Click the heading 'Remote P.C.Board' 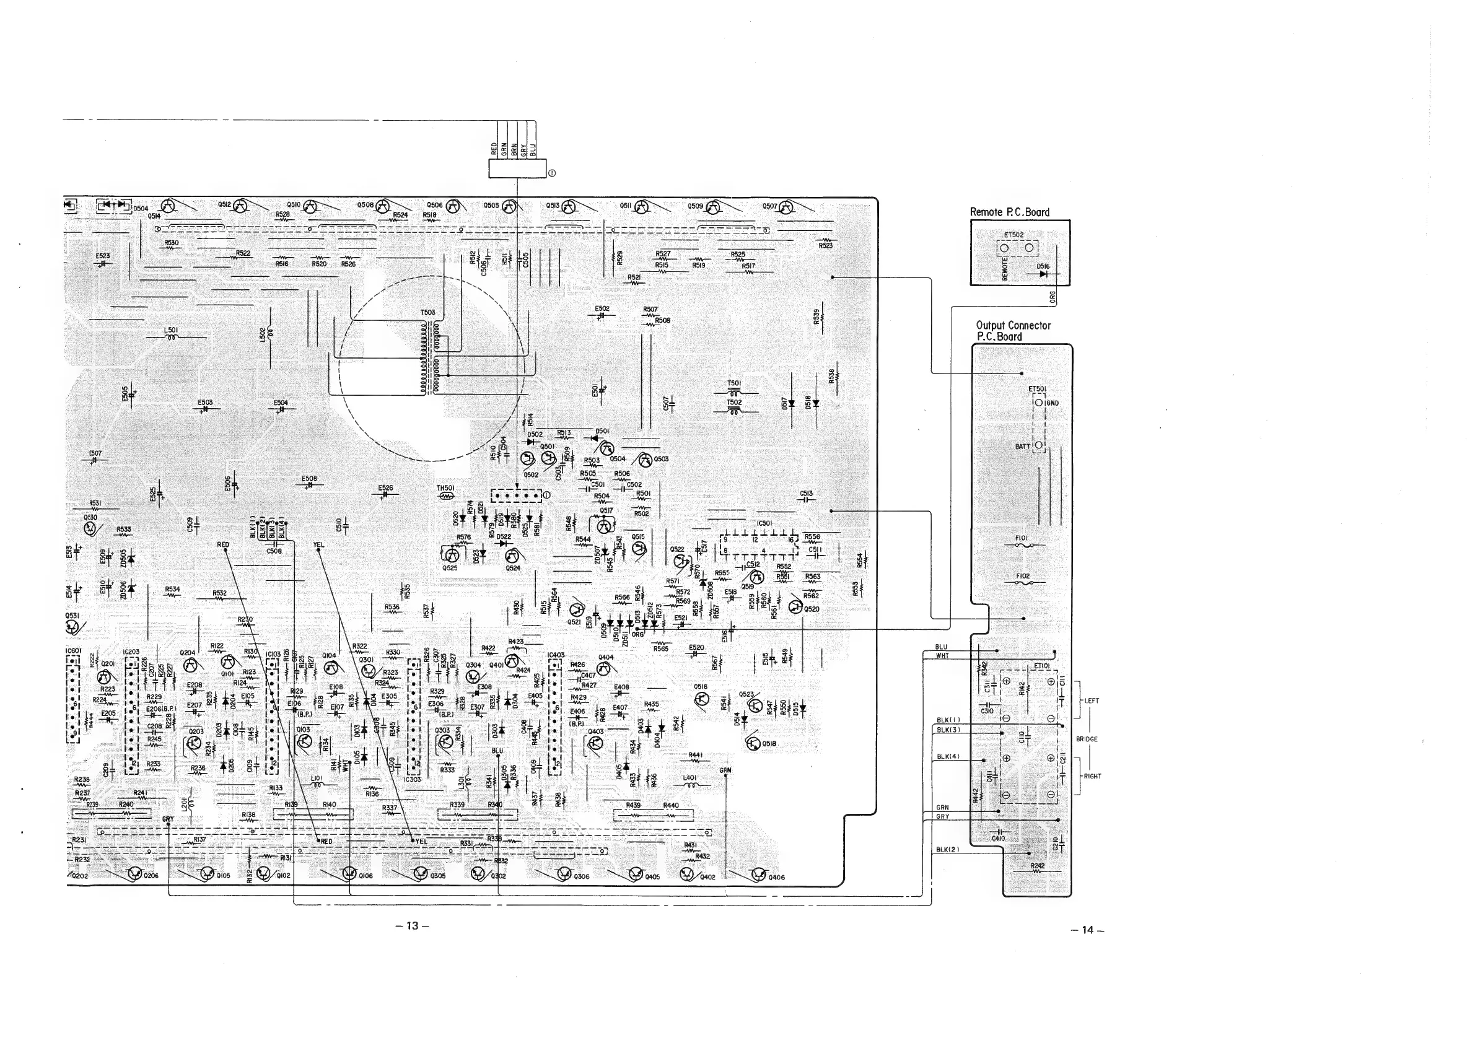(x=1009, y=212)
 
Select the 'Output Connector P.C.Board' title (x=1012, y=331)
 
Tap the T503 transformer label (x=428, y=313)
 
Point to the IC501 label (x=764, y=523)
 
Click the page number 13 (x=412, y=925)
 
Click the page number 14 (x=1087, y=929)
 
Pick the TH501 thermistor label (x=446, y=488)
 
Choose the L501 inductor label (x=171, y=330)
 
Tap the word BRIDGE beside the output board (x=1087, y=740)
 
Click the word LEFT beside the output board (x=1092, y=700)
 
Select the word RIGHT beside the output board (x=1092, y=777)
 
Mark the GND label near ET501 (x=1052, y=403)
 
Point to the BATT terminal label (x=1023, y=446)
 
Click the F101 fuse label (x=1022, y=538)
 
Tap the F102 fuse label (x=1023, y=576)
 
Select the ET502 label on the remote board (x=1013, y=235)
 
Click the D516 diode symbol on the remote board (x=1043, y=274)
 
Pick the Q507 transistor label (x=769, y=207)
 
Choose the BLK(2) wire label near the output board (x=948, y=849)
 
